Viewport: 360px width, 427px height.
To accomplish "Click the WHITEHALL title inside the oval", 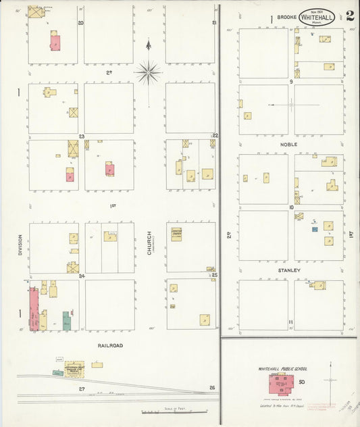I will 317,18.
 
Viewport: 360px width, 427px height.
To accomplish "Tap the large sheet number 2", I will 351,16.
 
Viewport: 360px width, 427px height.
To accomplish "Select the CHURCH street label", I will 149,244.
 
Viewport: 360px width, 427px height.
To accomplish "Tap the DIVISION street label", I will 21,244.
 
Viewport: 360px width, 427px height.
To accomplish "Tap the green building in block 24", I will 67,320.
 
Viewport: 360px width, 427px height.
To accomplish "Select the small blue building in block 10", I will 315,230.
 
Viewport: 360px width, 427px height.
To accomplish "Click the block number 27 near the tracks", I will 81,389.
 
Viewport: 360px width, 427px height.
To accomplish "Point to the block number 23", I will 80,136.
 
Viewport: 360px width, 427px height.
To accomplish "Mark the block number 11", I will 290,322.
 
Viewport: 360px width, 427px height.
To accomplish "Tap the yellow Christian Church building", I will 176,234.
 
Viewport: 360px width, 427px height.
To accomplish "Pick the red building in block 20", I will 55,41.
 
